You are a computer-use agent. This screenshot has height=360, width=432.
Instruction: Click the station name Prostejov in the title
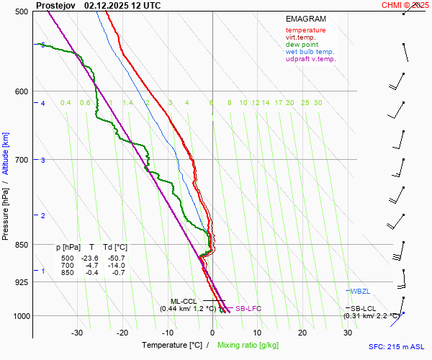(x=57, y=5)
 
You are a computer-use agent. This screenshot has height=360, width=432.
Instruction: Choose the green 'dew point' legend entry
(x=302, y=45)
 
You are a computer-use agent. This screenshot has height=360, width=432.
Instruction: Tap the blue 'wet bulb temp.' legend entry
(x=310, y=52)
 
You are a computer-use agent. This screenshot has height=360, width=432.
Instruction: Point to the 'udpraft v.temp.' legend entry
(x=310, y=59)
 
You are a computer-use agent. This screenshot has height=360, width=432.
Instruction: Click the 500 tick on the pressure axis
(x=21, y=12)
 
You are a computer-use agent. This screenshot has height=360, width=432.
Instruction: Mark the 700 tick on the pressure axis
(x=21, y=159)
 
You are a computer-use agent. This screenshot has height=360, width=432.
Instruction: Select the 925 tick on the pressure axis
(x=21, y=282)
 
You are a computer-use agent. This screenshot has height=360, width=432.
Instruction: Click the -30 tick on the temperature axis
(x=78, y=333)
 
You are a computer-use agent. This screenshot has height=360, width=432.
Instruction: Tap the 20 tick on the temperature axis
(x=302, y=333)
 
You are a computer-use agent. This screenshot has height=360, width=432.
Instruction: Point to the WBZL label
(x=360, y=292)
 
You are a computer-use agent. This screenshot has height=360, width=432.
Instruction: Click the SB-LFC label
(x=248, y=308)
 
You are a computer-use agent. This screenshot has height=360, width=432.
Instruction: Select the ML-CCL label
(x=184, y=301)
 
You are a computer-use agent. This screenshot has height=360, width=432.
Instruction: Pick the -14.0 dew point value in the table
(x=114, y=266)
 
